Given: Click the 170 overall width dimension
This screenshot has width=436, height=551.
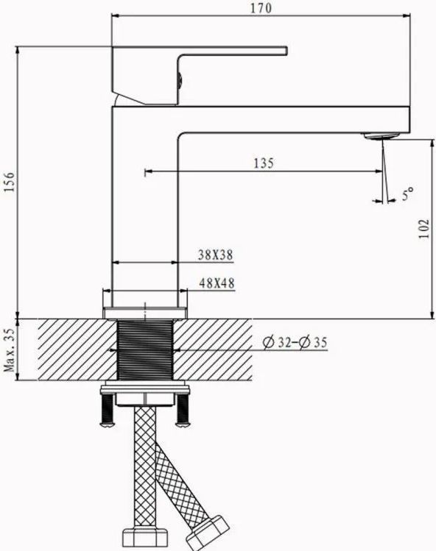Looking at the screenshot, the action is pyautogui.click(x=261, y=8).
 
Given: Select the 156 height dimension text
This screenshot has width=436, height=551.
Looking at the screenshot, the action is pyautogui.click(x=10, y=182).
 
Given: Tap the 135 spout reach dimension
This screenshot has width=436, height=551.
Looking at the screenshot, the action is pyautogui.click(x=263, y=163).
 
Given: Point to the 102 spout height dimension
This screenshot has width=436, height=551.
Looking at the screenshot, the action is pyautogui.click(x=423, y=229).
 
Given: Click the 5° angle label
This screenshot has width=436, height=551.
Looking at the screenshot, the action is pyautogui.click(x=407, y=194).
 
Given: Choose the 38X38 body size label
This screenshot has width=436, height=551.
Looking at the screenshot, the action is pyautogui.click(x=215, y=255).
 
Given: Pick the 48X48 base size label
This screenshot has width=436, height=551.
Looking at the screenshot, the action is pyautogui.click(x=217, y=283).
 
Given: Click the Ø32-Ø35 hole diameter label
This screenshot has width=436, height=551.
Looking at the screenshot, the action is pyautogui.click(x=295, y=342).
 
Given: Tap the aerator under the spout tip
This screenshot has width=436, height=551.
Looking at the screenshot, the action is pyautogui.click(x=381, y=136).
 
